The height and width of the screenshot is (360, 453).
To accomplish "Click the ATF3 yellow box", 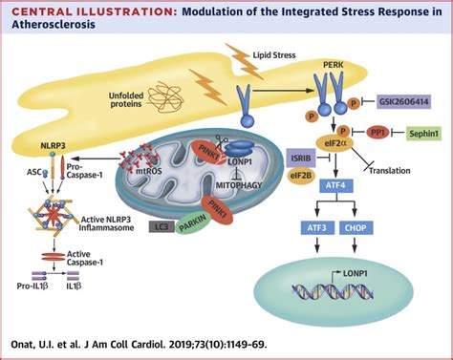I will pyautogui.click(x=315, y=226).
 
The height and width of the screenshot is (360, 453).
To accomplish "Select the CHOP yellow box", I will pyautogui.click(x=357, y=226).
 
